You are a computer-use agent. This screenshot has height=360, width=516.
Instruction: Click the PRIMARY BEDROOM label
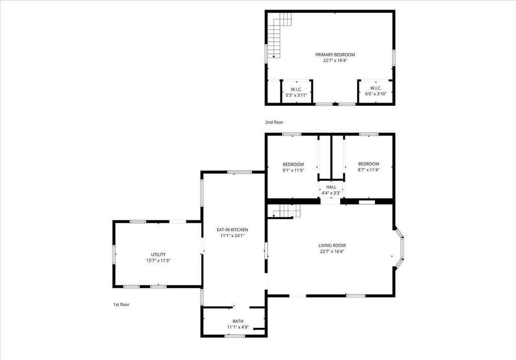click(x=335, y=54)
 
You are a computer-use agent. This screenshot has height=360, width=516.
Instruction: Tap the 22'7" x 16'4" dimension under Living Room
click(x=332, y=252)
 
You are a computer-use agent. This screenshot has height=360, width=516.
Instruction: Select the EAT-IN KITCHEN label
click(x=232, y=230)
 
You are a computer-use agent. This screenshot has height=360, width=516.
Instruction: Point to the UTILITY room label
click(x=158, y=254)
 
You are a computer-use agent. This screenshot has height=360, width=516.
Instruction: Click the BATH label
click(x=238, y=321)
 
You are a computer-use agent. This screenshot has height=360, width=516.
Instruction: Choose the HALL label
click(x=331, y=187)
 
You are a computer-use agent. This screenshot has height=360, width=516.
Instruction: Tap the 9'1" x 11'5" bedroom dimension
click(x=293, y=170)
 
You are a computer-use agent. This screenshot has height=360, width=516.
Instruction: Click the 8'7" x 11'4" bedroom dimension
click(x=368, y=170)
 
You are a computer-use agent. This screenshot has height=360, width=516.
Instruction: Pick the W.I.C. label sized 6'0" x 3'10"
click(x=376, y=88)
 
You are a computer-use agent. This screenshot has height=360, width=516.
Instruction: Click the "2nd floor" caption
click(x=274, y=122)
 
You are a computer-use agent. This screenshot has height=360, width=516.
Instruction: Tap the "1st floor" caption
click(x=121, y=305)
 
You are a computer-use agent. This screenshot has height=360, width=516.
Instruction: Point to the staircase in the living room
click(x=284, y=211)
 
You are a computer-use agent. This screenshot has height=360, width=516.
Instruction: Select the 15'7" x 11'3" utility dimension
click(x=158, y=260)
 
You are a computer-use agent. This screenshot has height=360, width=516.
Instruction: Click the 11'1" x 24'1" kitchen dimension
click(x=232, y=236)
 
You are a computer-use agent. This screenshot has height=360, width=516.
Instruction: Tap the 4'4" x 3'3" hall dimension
click(x=331, y=193)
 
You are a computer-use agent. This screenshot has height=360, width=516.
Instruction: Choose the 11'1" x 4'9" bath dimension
click(x=238, y=327)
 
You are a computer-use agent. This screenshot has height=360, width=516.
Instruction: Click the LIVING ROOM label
click(x=332, y=245)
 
